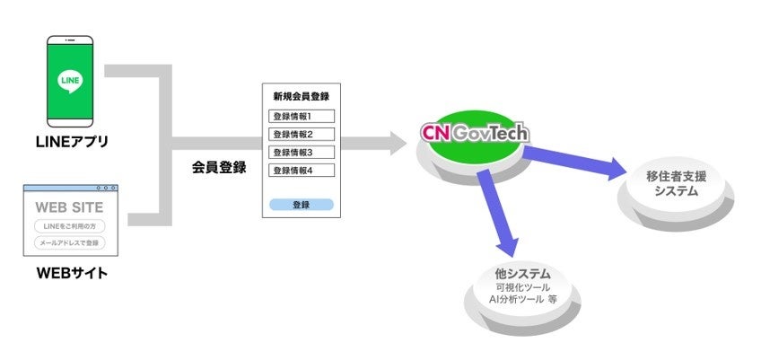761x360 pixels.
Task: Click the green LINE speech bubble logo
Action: click(70, 80)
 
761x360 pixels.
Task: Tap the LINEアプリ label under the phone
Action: click(70, 143)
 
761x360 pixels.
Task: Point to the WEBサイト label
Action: click(70, 272)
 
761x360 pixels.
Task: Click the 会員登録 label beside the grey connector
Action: click(219, 167)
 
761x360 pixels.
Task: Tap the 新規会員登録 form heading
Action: click(302, 96)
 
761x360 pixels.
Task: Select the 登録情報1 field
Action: click(301, 116)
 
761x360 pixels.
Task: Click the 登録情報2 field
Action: click(301, 135)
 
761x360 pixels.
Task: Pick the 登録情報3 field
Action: click(301, 153)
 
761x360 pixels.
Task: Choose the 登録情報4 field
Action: click(301, 171)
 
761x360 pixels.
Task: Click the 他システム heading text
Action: click(527, 273)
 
